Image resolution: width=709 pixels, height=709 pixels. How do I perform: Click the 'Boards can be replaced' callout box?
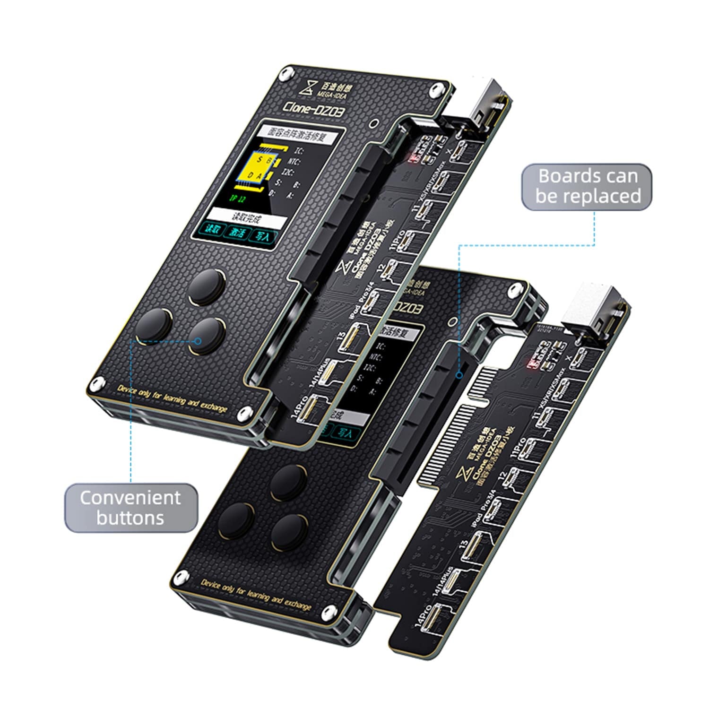(587, 186)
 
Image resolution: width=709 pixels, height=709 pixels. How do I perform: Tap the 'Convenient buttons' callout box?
(130, 508)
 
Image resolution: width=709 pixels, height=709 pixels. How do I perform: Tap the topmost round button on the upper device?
(207, 287)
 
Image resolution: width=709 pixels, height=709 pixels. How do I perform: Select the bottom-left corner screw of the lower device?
(180, 578)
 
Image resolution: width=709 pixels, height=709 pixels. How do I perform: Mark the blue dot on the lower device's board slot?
(458, 375)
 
